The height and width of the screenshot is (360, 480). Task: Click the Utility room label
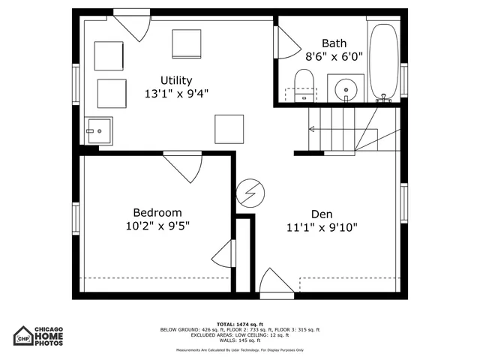[x=176, y=80]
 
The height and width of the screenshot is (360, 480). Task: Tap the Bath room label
[x=334, y=43]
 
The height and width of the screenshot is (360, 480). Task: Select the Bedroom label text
[x=157, y=212]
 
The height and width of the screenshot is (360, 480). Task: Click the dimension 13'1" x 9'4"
[x=176, y=94]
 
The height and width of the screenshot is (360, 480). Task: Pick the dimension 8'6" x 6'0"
[x=334, y=56]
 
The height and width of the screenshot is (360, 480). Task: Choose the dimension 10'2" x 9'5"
[x=157, y=226]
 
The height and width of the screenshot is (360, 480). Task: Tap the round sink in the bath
[x=346, y=88]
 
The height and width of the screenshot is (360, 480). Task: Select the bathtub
[x=384, y=60]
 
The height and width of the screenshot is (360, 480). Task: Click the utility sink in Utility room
[x=98, y=130]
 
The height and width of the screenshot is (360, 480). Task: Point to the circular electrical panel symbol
[x=249, y=194]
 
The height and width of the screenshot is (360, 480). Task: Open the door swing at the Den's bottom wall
[x=276, y=283]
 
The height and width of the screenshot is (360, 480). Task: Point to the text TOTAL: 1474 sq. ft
[x=240, y=323]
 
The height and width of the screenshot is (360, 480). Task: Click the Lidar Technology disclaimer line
[x=240, y=349]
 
